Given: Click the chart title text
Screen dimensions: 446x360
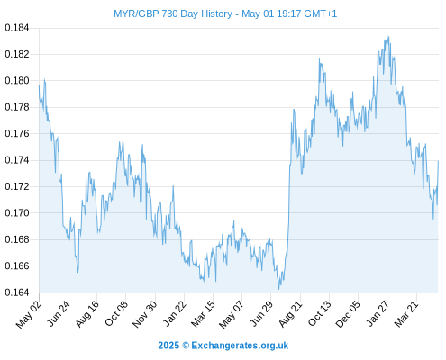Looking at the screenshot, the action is (x=225, y=13).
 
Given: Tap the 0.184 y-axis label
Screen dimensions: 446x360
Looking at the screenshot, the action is (x=17, y=28).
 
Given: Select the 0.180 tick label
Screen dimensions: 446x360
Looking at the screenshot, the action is (x=17, y=81).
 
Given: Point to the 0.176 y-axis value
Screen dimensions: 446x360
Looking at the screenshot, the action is (x=17, y=133).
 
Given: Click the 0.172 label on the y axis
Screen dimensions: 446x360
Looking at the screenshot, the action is (x=17, y=186).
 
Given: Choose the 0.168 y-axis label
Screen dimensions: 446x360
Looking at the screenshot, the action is (x=17, y=239).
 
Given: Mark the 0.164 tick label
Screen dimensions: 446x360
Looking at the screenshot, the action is (x=17, y=292).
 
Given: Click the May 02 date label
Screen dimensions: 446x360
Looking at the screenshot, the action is (x=29, y=314).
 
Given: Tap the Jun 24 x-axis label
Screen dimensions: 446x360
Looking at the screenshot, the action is (x=59, y=313).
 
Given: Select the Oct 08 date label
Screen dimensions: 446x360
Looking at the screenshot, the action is (x=116, y=313).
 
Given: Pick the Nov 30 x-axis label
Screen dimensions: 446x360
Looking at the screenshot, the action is (x=145, y=314).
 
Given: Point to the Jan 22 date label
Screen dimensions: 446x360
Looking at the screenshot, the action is (x=175, y=313).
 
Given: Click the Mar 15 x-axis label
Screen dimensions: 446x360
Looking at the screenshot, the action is (x=204, y=313).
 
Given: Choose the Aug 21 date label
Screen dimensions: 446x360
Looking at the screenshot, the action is (x=290, y=313).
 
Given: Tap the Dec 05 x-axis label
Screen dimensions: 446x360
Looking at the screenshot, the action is (x=348, y=314).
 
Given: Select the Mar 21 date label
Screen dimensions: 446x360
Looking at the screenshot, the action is (x=406, y=313).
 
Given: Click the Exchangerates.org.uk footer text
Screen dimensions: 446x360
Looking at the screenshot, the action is (x=240, y=346).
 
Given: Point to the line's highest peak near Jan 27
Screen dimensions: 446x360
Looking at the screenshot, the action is (x=387, y=34).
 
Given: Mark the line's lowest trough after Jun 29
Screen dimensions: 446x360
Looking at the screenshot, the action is (x=278, y=289).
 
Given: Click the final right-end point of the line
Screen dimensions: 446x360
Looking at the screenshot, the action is (x=438, y=161).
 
